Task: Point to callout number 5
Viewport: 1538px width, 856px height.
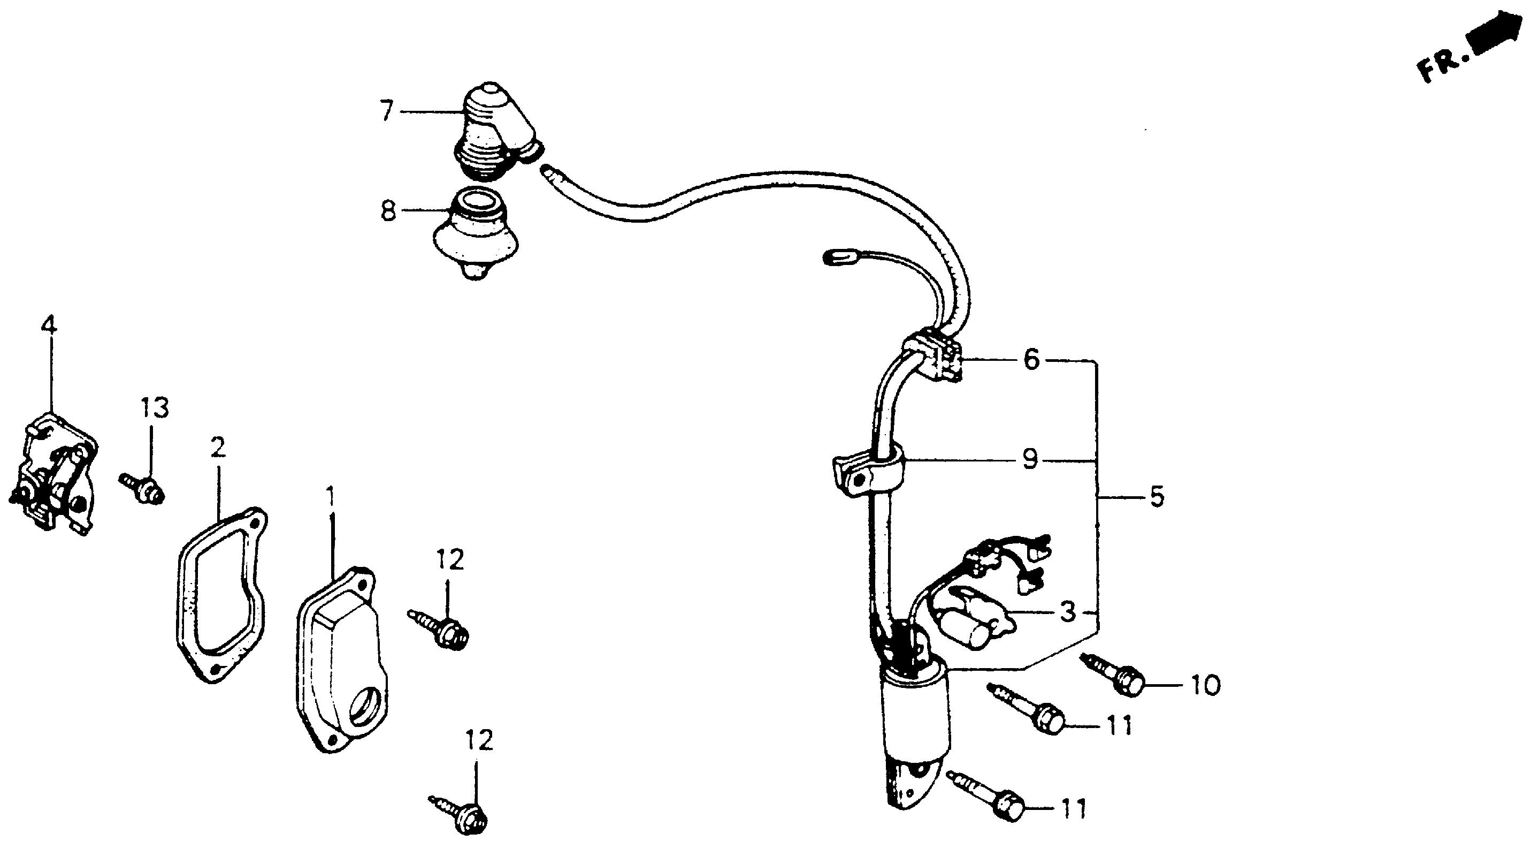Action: [x=1157, y=496]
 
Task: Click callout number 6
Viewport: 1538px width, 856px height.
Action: [x=1031, y=360]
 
